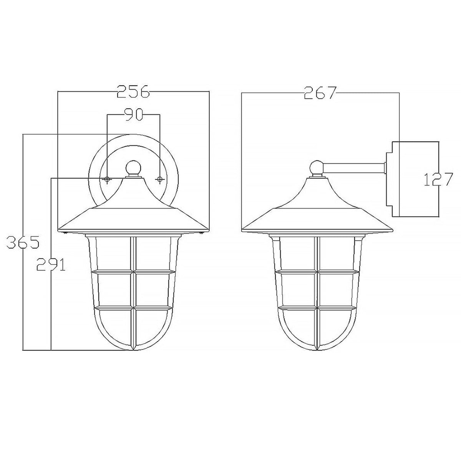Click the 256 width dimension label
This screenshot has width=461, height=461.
(x=133, y=92)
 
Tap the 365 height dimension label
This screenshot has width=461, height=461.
(x=24, y=243)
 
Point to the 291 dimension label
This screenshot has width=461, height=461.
(x=50, y=264)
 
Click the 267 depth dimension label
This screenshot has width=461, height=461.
(x=320, y=93)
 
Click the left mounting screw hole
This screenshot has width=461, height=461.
(x=107, y=179)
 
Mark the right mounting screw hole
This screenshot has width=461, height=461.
(x=159, y=179)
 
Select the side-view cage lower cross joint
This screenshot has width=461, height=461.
(x=317, y=308)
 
